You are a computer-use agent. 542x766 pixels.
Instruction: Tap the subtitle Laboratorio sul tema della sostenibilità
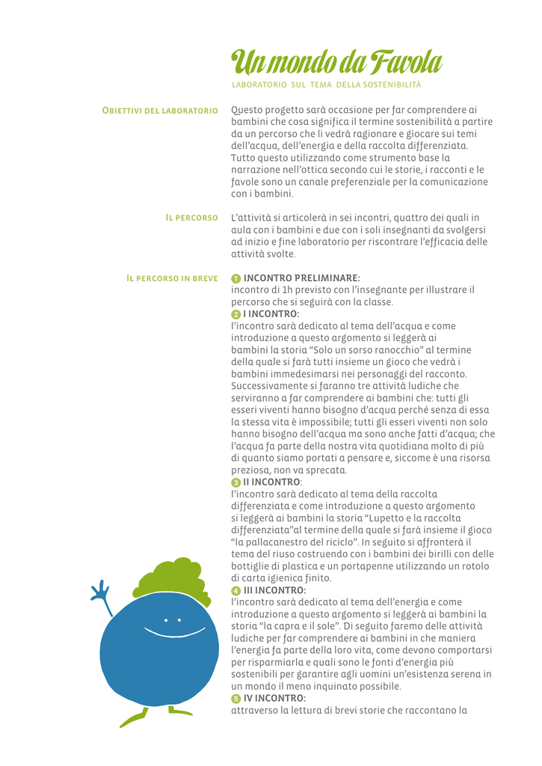click(x=327, y=84)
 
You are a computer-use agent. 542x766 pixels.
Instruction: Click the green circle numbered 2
click(x=236, y=314)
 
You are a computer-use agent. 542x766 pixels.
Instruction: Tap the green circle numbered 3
click(x=236, y=482)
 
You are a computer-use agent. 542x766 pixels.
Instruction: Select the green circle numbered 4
click(x=236, y=590)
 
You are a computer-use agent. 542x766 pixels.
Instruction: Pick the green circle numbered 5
click(x=236, y=699)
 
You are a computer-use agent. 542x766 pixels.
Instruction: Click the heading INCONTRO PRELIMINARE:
click(x=302, y=278)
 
